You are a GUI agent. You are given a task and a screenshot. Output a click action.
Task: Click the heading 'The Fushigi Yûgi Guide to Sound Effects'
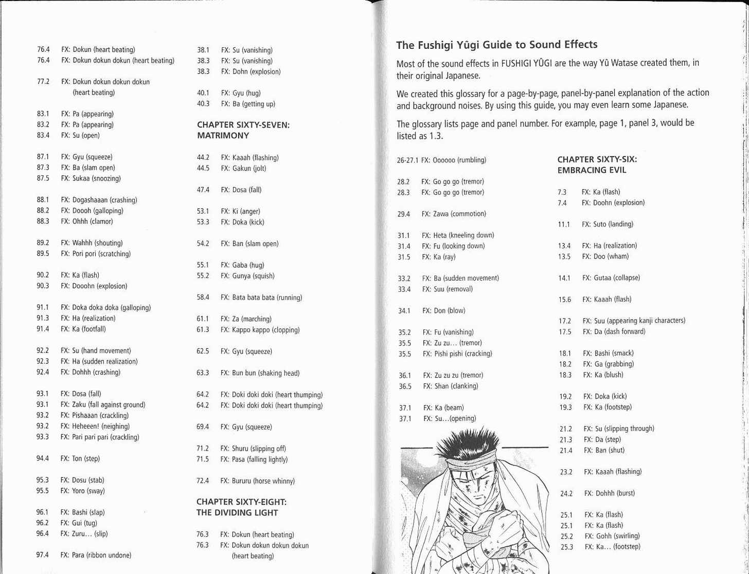click(496, 45)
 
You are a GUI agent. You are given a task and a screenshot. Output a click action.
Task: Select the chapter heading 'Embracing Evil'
click(592, 170)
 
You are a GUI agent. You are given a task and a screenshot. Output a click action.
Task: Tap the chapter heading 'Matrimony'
click(223, 136)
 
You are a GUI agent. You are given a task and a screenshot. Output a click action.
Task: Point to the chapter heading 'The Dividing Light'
click(237, 512)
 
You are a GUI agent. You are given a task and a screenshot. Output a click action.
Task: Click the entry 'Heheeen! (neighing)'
click(95, 426)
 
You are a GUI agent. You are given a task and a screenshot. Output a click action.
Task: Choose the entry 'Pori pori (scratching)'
click(96, 253)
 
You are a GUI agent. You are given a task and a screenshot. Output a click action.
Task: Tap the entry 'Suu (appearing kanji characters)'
click(634, 321)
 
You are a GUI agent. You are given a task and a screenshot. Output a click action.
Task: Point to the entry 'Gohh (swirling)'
click(612, 535)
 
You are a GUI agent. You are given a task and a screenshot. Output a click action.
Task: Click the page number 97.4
click(42, 555)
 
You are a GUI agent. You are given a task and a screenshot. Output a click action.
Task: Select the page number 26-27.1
click(408, 160)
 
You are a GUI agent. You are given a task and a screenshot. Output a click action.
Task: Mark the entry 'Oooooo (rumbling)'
click(453, 160)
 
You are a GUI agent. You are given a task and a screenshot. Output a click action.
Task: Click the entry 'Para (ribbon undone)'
click(96, 555)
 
